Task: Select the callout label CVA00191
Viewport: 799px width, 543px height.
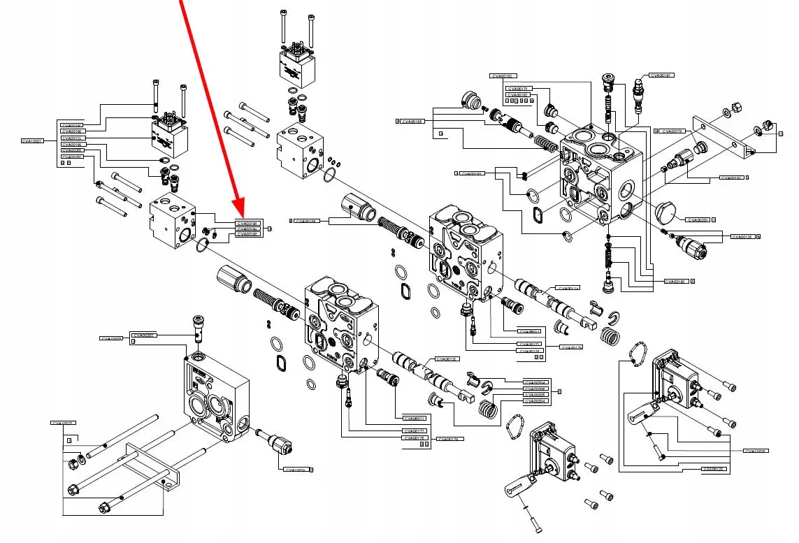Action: [661, 75]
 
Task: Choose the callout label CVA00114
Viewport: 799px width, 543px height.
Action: [568, 288]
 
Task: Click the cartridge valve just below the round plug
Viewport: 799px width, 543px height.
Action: [689, 246]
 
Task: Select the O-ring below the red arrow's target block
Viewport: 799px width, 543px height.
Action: [202, 245]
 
